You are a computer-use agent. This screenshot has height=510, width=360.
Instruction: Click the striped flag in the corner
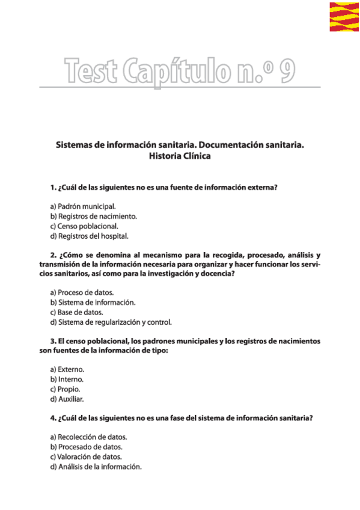coord(344,17)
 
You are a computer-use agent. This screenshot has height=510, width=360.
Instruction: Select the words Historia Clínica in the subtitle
coord(180,156)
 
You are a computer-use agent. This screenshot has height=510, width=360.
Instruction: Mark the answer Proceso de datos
coord(82,292)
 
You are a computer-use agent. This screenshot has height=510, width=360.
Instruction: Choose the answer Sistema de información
coord(93,303)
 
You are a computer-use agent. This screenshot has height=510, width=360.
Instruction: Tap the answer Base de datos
coord(77,312)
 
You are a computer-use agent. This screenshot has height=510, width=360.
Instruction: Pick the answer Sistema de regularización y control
coord(111,322)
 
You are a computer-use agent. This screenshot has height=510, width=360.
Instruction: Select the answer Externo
coord(67,369)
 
